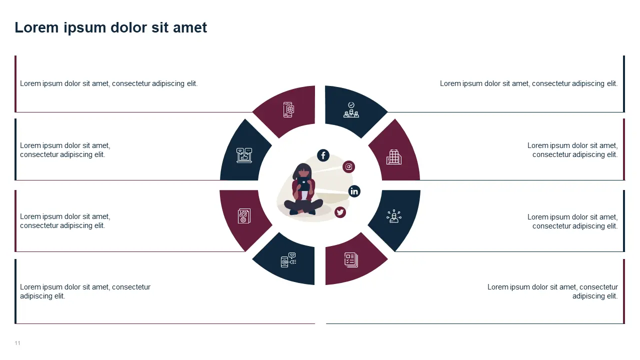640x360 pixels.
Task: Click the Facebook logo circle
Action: coord(323,155)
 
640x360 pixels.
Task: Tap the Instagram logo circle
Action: coord(348,166)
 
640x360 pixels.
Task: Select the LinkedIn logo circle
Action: coord(354,191)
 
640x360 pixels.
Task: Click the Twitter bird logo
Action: coord(340,212)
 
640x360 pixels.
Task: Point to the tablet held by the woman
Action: coord(303,183)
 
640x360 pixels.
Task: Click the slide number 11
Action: coord(17,343)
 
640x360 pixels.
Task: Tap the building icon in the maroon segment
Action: coord(394,157)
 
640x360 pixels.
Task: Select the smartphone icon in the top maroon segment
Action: coord(288,109)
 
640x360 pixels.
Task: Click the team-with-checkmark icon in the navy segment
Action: coord(351,110)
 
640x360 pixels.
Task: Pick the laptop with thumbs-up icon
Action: coord(244,155)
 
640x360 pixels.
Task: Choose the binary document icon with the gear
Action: coord(244,215)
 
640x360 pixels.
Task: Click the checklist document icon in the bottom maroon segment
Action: coord(351,260)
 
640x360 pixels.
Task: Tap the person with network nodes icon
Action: coord(394,216)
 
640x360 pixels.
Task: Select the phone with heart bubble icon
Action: coord(288,260)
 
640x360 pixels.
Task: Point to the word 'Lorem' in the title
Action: coord(36,27)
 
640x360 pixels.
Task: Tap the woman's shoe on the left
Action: coord(293,212)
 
